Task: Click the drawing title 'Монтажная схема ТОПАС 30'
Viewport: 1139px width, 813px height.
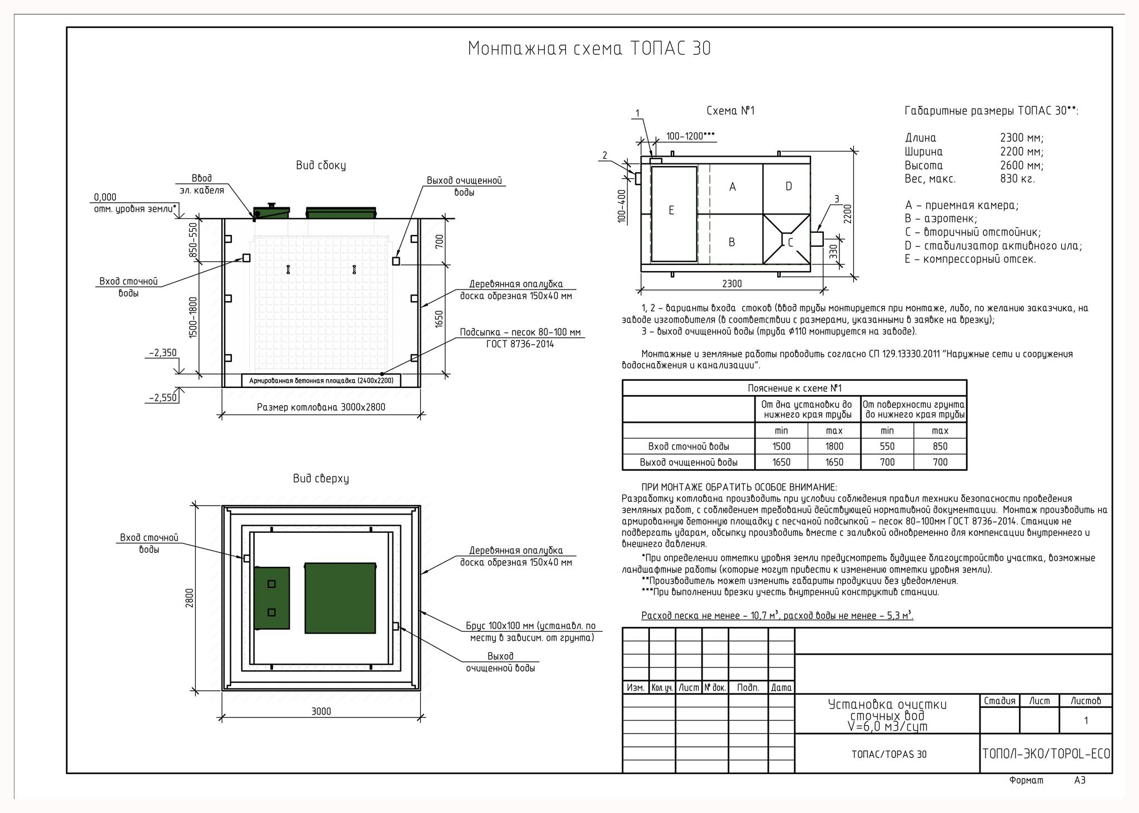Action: point(589,49)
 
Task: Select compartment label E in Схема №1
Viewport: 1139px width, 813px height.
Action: point(672,211)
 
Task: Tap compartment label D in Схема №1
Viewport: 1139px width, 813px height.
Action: point(788,187)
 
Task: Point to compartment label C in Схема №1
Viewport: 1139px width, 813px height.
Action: point(790,242)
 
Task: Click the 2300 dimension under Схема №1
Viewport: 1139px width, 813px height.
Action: point(732,284)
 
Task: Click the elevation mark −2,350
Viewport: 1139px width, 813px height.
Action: point(163,353)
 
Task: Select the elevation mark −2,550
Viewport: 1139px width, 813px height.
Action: point(163,398)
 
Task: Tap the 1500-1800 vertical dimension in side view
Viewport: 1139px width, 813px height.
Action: point(193,317)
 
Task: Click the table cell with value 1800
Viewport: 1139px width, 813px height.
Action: point(834,446)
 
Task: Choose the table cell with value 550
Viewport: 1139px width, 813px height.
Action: point(887,446)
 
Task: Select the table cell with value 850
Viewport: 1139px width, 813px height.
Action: point(940,446)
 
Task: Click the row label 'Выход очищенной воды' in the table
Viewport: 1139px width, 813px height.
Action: point(689,462)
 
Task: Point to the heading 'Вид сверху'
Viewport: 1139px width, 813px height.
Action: point(321,478)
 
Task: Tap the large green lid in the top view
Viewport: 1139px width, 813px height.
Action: point(340,598)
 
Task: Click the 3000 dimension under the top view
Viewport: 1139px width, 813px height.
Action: point(321,711)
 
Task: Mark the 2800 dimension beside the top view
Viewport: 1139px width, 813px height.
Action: point(190,598)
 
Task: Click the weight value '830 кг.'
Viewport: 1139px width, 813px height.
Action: point(1017,179)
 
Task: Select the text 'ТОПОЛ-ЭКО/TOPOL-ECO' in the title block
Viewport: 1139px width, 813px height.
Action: point(1046,754)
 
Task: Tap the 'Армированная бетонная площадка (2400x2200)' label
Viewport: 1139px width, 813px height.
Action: point(321,381)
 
